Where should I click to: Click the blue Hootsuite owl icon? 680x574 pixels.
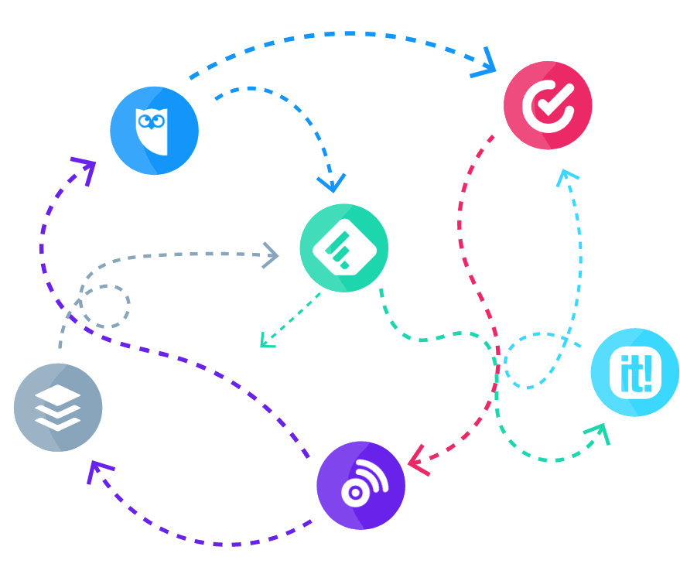tap(154, 130)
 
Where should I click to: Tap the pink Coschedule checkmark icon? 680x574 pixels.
tap(548, 103)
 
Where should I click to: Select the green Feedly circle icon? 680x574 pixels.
tap(344, 248)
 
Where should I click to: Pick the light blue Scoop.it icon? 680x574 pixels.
tap(635, 372)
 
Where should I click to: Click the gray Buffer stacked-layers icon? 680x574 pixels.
tap(58, 407)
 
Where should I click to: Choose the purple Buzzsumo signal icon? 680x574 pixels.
tap(361, 485)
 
